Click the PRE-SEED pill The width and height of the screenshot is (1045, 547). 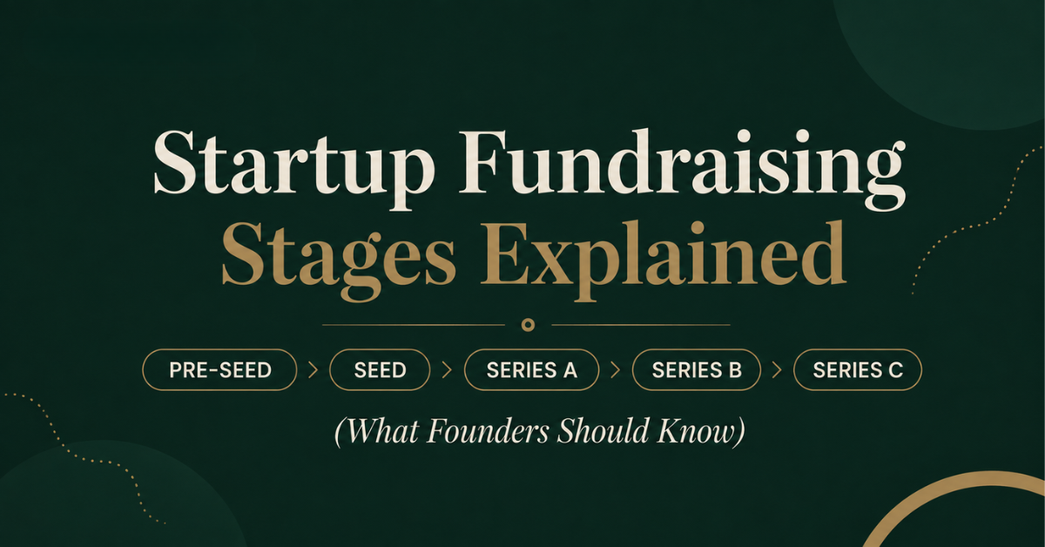click(x=219, y=369)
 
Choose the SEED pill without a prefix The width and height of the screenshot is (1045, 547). click(x=380, y=369)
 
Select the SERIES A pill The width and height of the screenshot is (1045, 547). click(x=531, y=369)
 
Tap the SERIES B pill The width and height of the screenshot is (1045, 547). click(x=697, y=369)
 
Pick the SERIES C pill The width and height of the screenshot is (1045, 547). click(x=858, y=369)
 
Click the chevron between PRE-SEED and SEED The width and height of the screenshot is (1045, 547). click(x=313, y=370)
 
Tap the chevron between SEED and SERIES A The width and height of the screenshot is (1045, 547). click(x=448, y=370)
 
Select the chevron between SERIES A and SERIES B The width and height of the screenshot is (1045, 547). click(x=616, y=370)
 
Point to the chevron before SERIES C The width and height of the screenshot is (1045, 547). click(x=777, y=370)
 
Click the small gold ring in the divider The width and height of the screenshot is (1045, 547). click(x=528, y=320)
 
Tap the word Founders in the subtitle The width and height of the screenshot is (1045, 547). click(x=488, y=431)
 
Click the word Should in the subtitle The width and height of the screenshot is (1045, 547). click(x=603, y=430)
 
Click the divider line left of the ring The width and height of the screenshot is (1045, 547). click(x=414, y=325)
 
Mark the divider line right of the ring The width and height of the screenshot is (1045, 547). click(x=641, y=325)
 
